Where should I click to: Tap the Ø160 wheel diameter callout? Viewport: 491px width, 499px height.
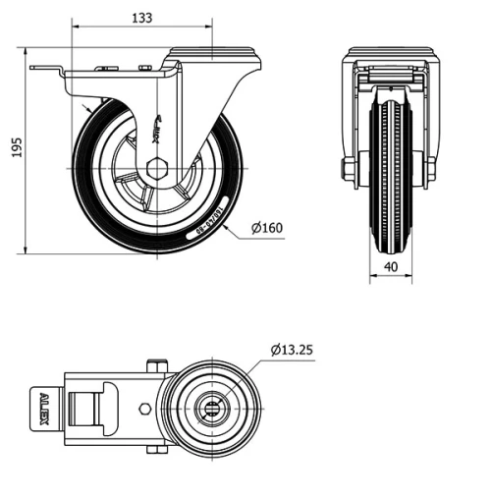coord(266,229)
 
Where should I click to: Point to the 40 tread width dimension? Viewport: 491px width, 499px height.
coord(392,266)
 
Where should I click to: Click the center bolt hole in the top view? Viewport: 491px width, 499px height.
coord(214,406)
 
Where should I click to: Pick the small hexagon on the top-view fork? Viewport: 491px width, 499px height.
coord(144,407)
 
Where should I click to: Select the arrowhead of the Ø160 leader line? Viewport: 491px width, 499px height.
coord(227,228)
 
